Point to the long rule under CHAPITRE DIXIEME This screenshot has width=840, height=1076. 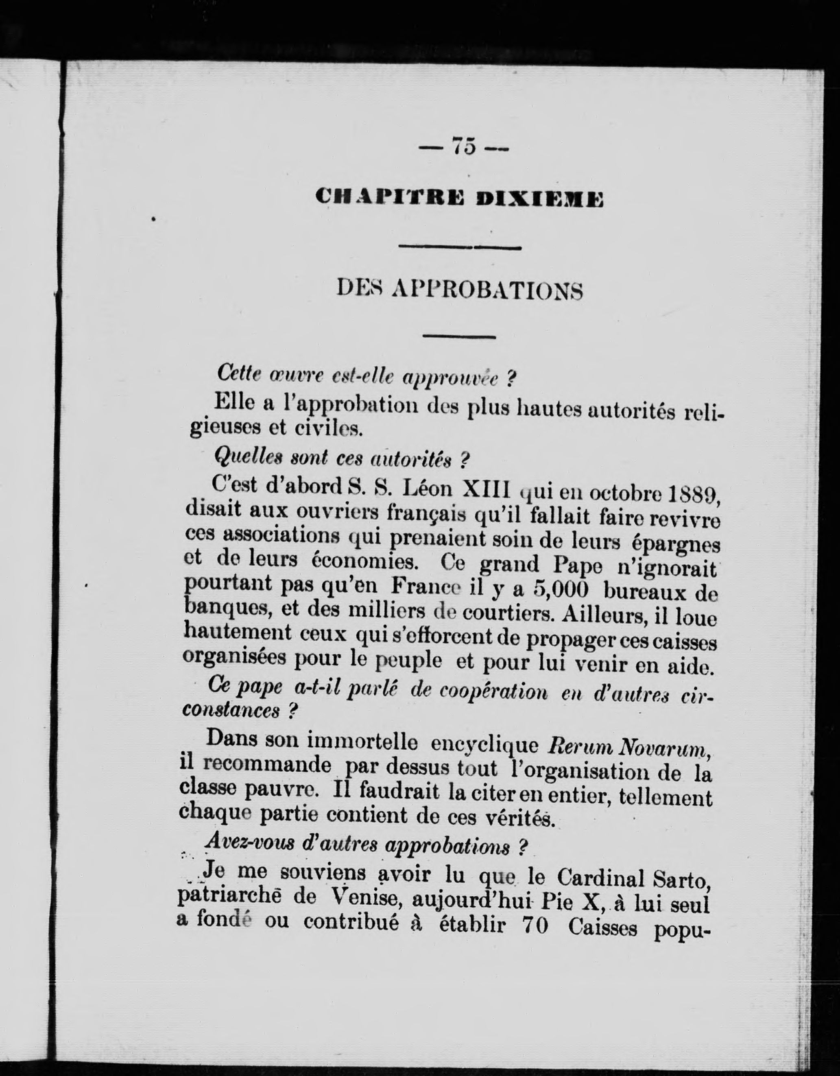(x=459, y=247)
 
